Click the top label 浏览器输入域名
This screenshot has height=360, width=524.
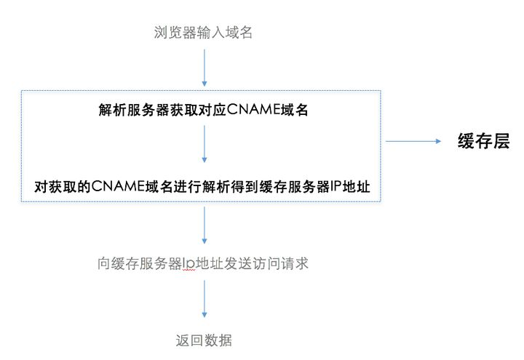204,32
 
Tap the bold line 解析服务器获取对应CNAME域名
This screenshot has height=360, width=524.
203,110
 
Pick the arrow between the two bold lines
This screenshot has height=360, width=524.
204,145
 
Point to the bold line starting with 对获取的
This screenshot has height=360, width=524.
203,187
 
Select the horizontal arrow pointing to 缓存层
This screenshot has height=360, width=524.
411,142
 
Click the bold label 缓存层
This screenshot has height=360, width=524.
483,141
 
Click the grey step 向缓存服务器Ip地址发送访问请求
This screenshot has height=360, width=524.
203,263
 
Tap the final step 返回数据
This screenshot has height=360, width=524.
204,340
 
